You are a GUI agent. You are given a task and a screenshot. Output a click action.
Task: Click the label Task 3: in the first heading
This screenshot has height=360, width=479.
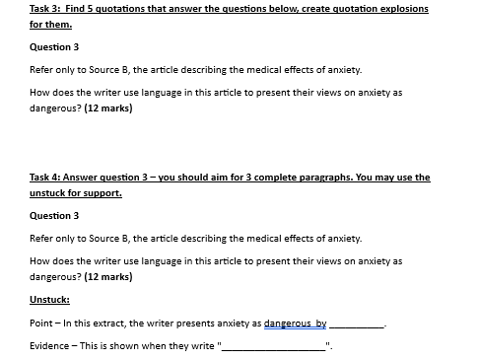pos(45,9)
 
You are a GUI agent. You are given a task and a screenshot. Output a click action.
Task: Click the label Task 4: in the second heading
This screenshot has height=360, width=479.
pos(45,178)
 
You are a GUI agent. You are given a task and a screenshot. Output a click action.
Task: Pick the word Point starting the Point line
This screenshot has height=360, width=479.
pos(42,324)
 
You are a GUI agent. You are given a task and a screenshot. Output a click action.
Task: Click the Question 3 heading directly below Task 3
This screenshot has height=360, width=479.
pos(55,46)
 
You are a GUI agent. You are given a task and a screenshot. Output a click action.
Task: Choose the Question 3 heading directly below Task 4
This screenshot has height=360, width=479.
pos(55,215)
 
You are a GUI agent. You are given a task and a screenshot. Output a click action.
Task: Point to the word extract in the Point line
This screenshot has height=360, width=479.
pos(110,324)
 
